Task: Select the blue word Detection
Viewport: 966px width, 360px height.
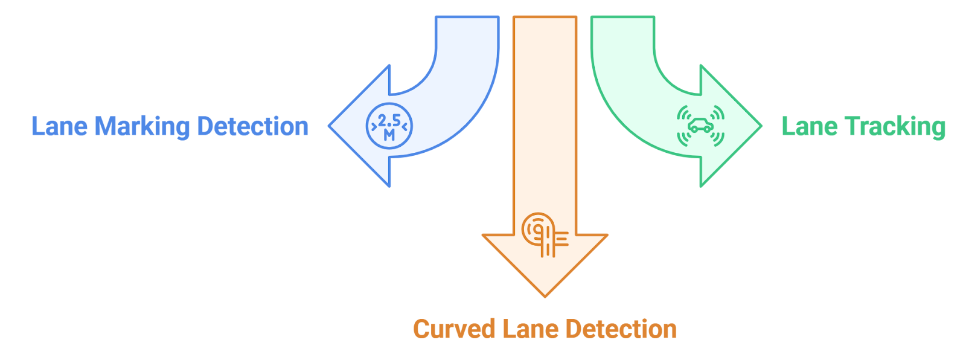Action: pos(253,126)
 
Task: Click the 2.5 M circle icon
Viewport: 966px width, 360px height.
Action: pos(389,126)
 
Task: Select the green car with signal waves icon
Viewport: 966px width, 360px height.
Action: pos(700,126)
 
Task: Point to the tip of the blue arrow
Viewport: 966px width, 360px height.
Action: pos(330,126)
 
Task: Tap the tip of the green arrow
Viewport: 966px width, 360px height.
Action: pos(761,126)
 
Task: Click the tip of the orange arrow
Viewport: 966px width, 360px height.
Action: pos(545,295)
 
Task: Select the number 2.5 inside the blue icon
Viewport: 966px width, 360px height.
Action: pos(389,121)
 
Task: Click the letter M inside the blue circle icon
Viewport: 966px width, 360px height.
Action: pos(389,135)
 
